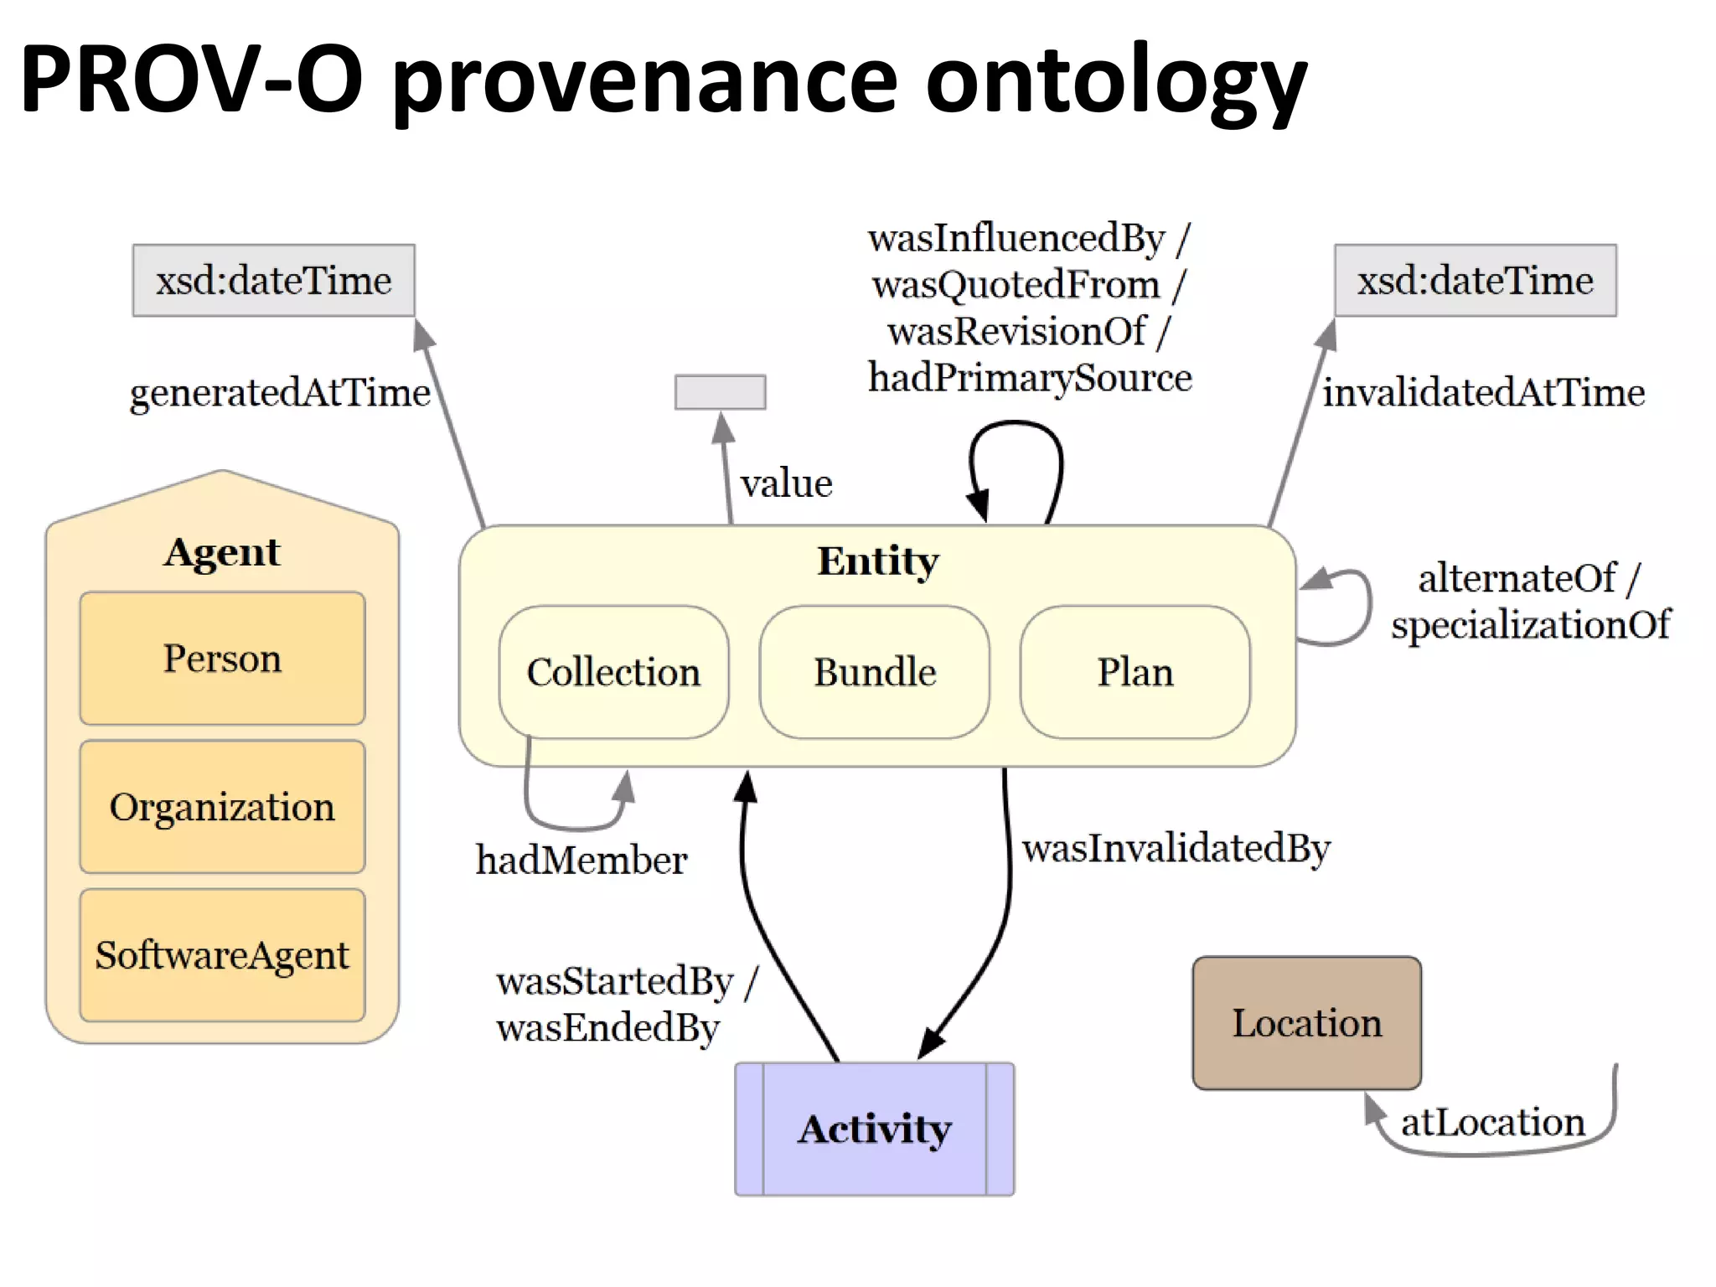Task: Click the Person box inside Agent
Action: click(x=222, y=659)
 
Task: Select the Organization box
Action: click(x=222, y=807)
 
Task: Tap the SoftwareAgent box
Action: click(x=222, y=955)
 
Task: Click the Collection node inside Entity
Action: click(x=613, y=672)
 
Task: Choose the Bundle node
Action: click(x=875, y=672)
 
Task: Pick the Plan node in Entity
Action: click(x=1135, y=672)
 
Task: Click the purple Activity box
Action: click(x=875, y=1129)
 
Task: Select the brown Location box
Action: click(x=1306, y=1023)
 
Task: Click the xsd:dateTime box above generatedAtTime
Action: click(x=273, y=281)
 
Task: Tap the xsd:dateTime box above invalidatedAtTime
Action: click(x=1475, y=281)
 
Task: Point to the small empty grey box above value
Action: click(x=720, y=392)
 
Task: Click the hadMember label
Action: click(x=581, y=861)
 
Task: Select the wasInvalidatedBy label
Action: click(x=1176, y=848)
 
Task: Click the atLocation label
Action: click(x=1492, y=1122)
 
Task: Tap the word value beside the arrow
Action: click(x=786, y=483)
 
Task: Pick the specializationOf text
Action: click(x=1530, y=625)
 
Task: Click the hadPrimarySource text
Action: click(x=1030, y=378)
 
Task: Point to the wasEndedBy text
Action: click(x=607, y=1028)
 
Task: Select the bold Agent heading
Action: click(x=222, y=552)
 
